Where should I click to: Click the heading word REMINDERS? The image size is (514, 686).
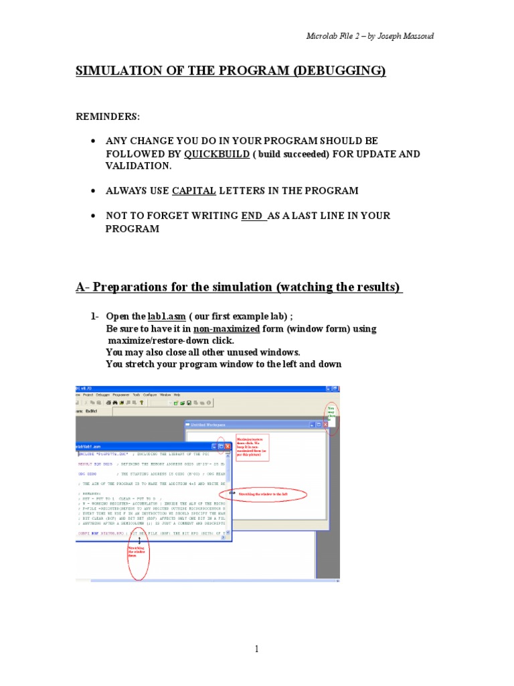tap(108, 117)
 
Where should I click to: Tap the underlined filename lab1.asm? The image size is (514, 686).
tap(166, 316)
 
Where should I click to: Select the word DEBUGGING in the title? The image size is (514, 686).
tap(339, 71)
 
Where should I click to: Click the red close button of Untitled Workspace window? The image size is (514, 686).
tap(326, 425)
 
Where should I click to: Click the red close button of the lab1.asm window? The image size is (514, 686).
tap(228, 445)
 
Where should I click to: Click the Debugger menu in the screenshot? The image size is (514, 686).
tap(103, 395)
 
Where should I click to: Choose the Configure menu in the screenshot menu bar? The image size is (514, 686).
tap(149, 395)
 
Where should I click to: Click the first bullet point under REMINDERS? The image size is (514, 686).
tap(94, 141)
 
